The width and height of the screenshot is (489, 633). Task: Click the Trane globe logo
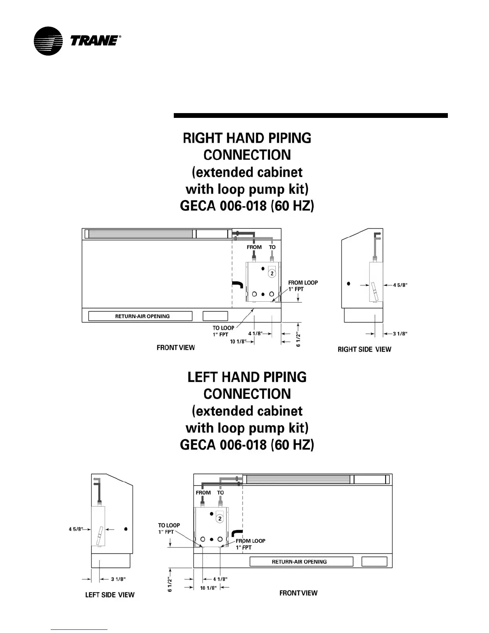click(48, 41)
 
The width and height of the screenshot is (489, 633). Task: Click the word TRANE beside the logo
click(94, 41)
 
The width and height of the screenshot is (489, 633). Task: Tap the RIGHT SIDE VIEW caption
click(364, 349)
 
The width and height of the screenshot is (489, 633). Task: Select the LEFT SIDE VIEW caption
click(110, 595)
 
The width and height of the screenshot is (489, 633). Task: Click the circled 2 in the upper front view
click(272, 273)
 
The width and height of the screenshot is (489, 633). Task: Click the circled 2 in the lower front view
click(220, 518)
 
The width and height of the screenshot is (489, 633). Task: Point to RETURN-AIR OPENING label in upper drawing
click(142, 316)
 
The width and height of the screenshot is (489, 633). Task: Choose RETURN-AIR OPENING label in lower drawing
click(299, 561)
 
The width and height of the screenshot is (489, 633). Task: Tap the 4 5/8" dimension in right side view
click(400, 285)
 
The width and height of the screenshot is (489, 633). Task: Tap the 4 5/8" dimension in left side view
click(76, 529)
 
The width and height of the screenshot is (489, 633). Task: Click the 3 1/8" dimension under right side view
click(400, 334)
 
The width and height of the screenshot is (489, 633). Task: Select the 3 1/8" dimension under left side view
click(118, 579)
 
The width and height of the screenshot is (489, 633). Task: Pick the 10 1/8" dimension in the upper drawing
click(238, 342)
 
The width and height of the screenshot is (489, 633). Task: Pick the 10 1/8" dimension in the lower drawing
click(208, 588)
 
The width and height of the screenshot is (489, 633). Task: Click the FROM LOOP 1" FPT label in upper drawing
click(303, 286)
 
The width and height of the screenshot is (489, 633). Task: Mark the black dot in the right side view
click(349, 284)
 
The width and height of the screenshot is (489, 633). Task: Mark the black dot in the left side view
click(126, 529)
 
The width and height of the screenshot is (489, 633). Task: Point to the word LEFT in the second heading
click(203, 377)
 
